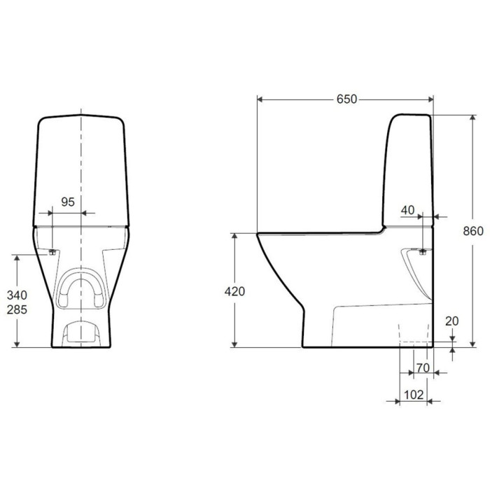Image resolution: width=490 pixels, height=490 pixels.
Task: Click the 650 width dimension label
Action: pos(346,99)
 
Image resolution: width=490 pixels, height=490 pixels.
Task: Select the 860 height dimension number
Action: pos(473,231)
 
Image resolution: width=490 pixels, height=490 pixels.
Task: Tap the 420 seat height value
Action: pos(234,291)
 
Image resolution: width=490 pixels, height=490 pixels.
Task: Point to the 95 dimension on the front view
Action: pos(68,202)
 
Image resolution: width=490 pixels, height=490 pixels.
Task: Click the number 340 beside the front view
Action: pos(17,295)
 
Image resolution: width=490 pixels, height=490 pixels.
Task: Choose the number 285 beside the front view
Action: pos(17,309)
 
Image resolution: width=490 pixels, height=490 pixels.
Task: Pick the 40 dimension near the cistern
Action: pos(408,210)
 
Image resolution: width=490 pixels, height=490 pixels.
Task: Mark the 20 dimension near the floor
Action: pos(452,321)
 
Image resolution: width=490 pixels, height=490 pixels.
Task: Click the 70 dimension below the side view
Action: pos(423,368)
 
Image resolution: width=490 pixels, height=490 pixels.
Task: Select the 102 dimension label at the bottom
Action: pos(414,395)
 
